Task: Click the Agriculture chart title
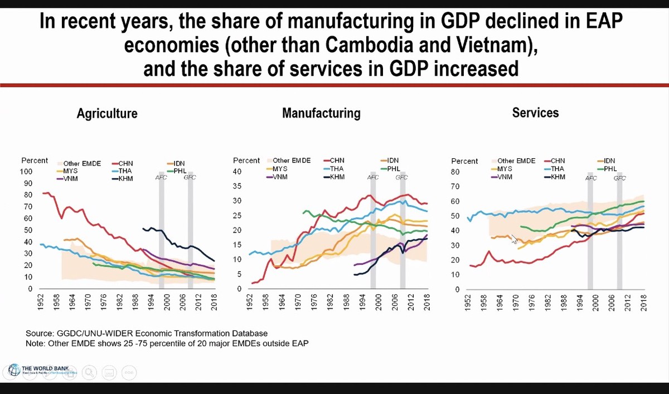click(107, 114)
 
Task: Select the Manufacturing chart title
click(321, 113)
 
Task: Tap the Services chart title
click(535, 113)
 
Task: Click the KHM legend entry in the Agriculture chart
click(125, 178)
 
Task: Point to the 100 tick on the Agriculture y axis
click(26, 172)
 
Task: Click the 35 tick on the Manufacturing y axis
click(237, 186)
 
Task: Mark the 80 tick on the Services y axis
click(455, 172)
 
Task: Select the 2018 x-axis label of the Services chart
click(643, 302)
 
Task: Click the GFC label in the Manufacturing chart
click(401, 177)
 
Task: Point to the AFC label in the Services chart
click(591, 178)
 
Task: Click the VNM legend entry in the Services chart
click(504, 177)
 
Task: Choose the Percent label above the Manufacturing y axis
click(246, 160)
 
